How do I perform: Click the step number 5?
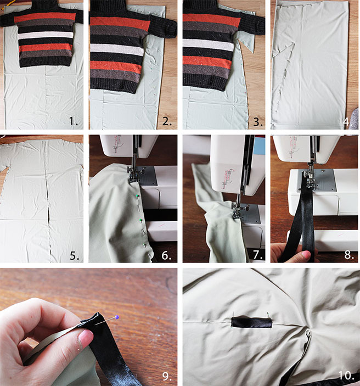point(76,255)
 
